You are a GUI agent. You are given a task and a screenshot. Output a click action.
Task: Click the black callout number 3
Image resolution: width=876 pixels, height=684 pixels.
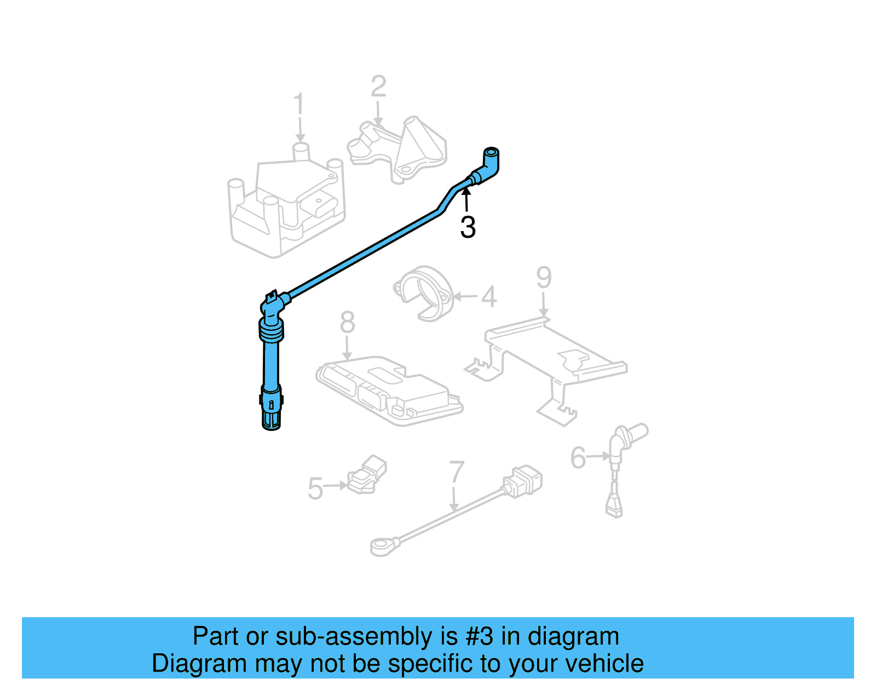[468, 227]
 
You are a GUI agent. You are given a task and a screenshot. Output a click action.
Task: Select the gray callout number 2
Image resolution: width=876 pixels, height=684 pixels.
[378, 87]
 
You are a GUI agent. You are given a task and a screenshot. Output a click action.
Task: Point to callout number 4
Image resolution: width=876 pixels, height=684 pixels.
[489, 297]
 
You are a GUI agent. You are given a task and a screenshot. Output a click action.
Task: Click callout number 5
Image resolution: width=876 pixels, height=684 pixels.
[315, 488]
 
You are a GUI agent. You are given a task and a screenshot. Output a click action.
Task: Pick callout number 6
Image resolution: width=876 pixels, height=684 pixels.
[578, 458]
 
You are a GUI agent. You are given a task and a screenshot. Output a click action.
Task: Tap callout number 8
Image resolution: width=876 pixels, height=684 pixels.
[347, 323]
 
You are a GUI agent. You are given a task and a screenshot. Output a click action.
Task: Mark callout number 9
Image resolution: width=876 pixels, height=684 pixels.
[543, 278]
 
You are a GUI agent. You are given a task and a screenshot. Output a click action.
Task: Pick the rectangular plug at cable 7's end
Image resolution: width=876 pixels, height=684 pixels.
[523, 481]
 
